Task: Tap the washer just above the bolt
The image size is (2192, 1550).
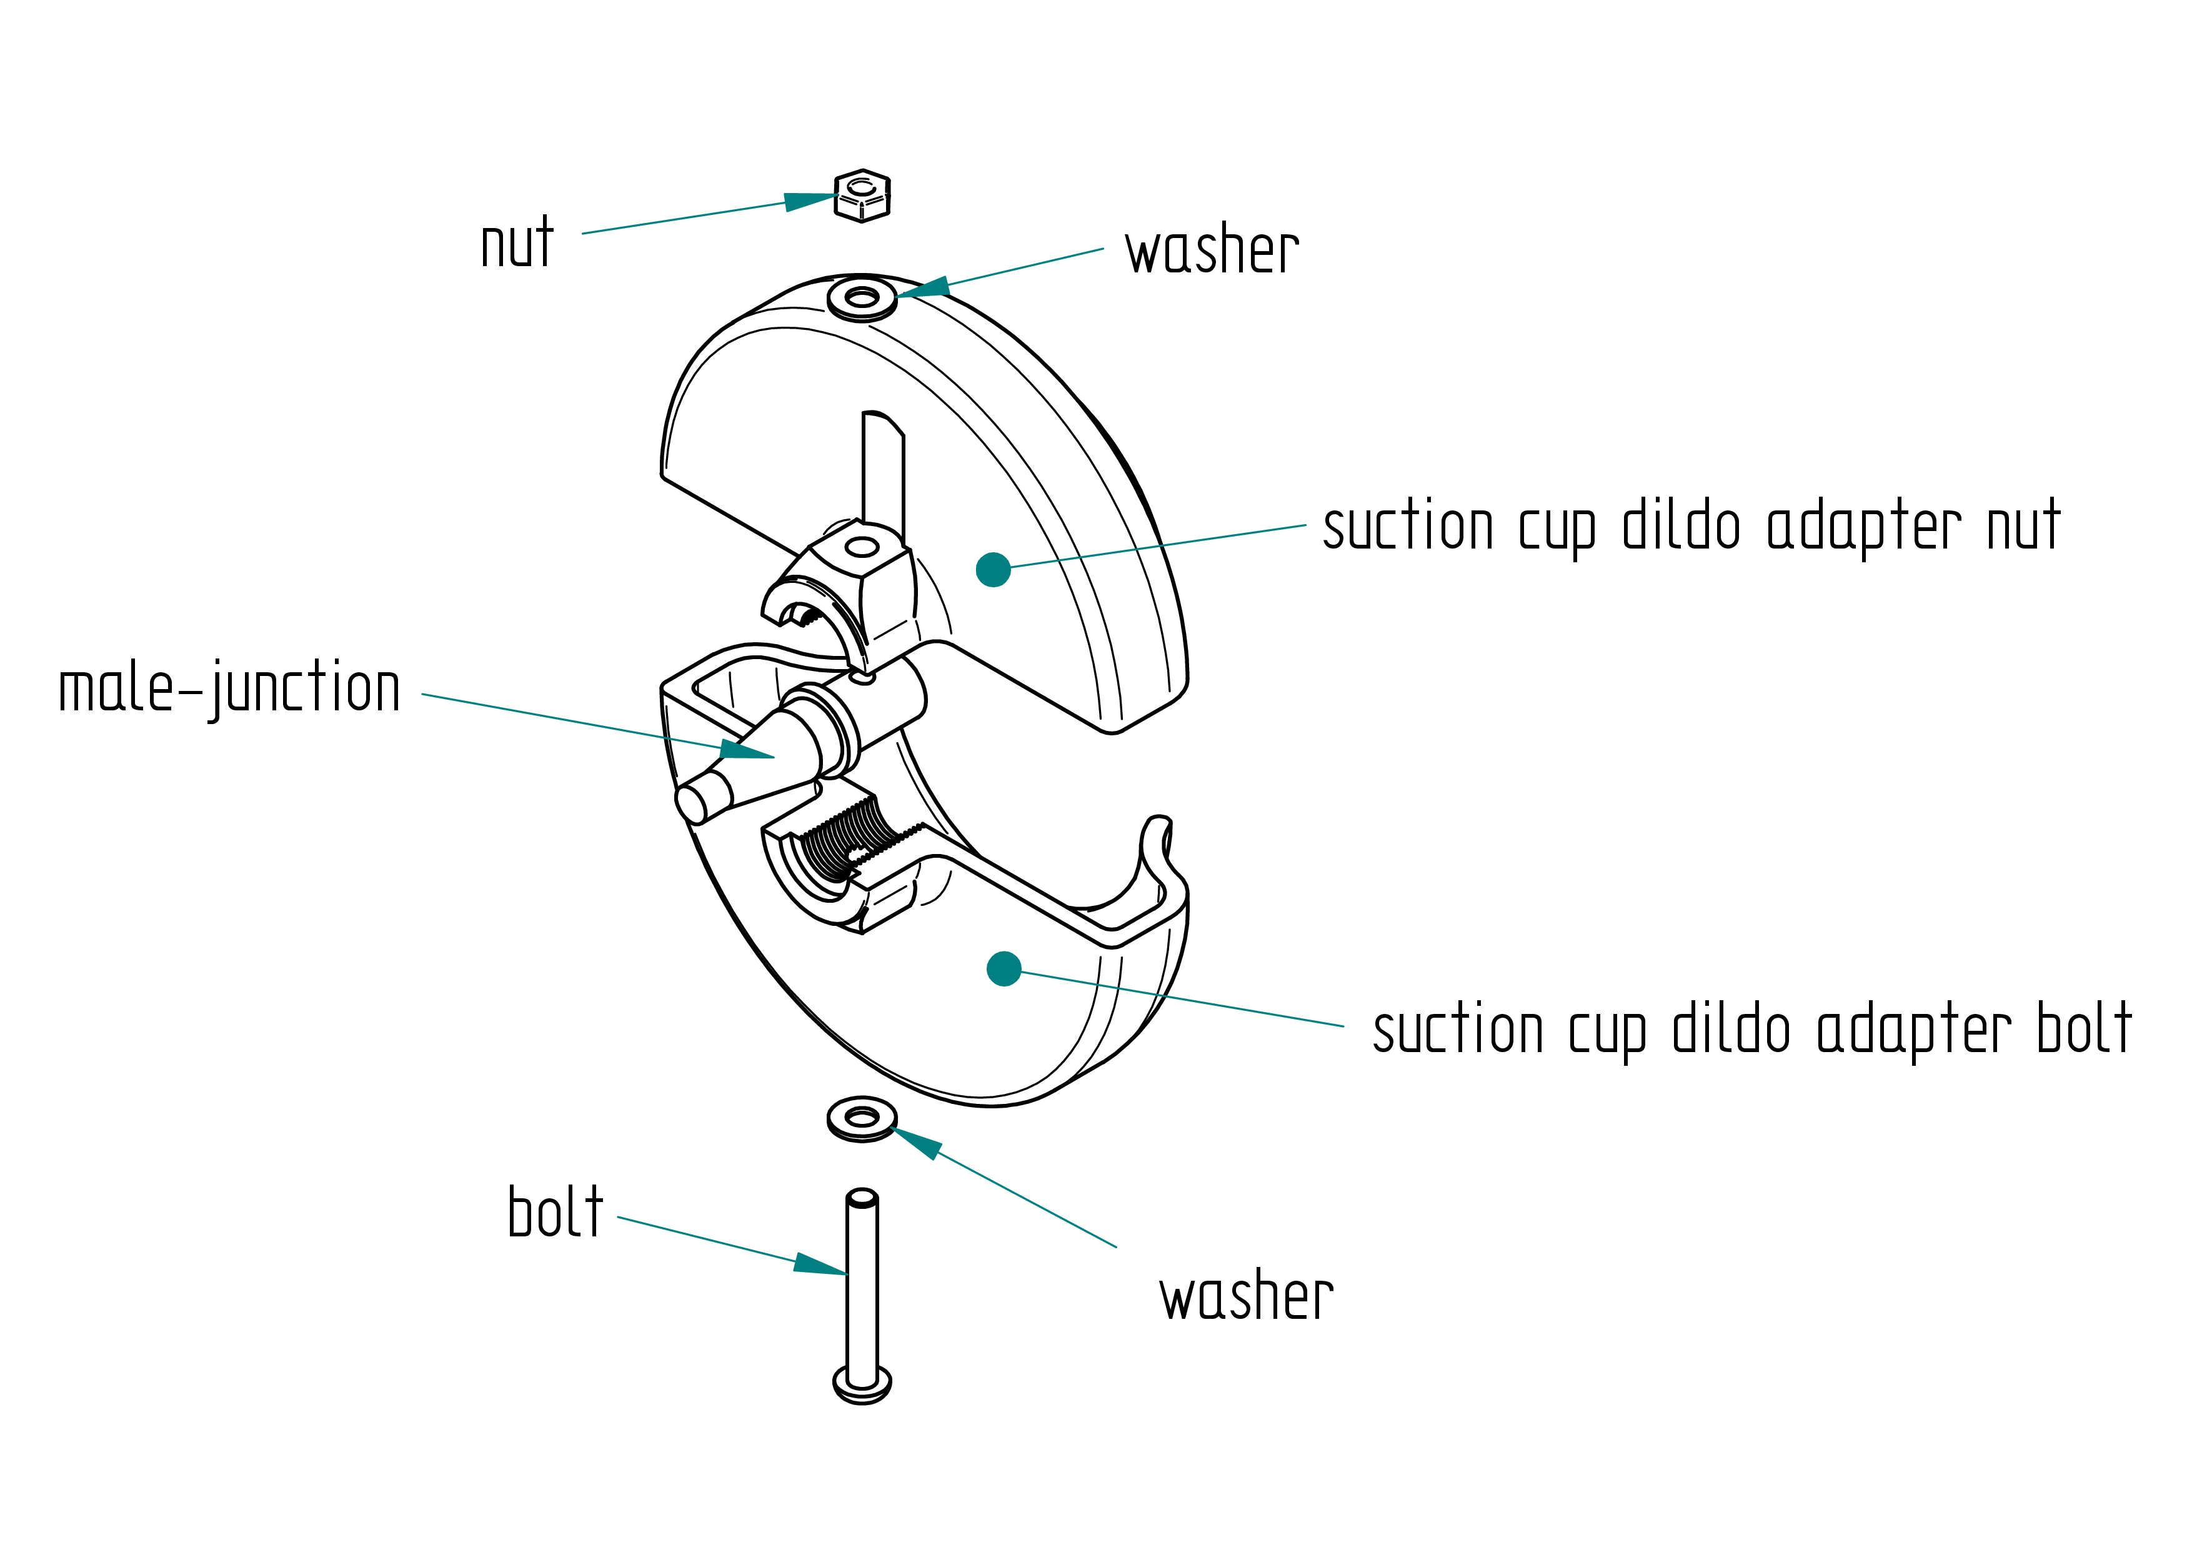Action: [x=862, y=1118]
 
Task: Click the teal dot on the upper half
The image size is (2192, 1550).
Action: [x=993, y=570]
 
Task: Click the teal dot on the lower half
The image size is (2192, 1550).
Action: [x=1004, y=969]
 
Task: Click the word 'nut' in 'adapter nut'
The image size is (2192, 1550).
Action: [x=2024, y=526]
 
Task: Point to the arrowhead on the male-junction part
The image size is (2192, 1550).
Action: [x=747, y=750]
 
